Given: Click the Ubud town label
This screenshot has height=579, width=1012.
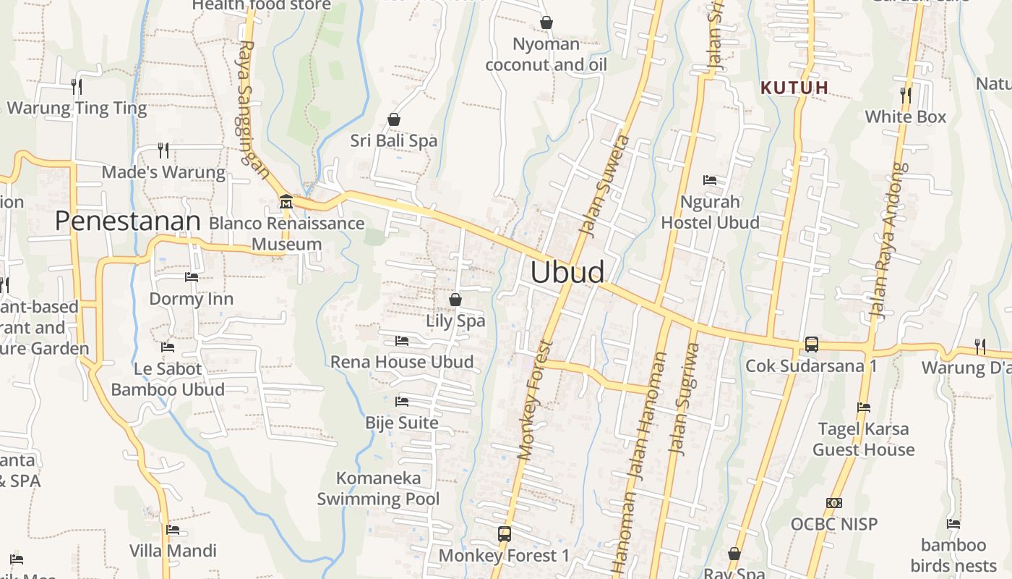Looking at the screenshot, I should click(x=567, y=272).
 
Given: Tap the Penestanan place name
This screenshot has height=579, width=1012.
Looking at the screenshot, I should click(x=127, y=221).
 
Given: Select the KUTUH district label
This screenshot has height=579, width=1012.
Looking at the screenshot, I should click(x=794, y=88).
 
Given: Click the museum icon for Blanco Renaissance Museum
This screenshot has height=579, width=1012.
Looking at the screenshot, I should click(x=286, y=200).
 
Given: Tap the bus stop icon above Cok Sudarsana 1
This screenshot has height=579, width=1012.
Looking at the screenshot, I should click(x=812, y=345).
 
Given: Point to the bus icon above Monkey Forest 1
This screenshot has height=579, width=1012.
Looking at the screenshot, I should click(x=505, y=534).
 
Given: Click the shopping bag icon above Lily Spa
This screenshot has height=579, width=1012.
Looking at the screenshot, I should click(x=455, y=299).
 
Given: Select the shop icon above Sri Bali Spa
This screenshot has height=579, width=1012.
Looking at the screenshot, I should click(x=394, y=119).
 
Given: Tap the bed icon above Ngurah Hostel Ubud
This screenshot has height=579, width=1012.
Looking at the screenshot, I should click(x=710, y=180).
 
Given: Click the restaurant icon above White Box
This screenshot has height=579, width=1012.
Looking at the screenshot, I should click(x=905, y=94).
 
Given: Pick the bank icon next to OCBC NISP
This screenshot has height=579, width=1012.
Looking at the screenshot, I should click(x=834, y=503).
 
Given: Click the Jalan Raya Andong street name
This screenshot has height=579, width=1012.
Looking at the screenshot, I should click(x=888, y=241).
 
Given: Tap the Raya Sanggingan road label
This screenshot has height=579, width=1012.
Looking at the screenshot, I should click(x=252, y=109).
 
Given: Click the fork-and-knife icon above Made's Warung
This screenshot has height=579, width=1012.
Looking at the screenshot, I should click(x=163, y=151).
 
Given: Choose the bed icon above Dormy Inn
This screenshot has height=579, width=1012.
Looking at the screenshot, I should click(x=192, y=277).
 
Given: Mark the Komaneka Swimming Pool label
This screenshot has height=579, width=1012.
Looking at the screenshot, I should click(x=378, y=489).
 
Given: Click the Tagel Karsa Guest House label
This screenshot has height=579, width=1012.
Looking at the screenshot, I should click(x=863, y=439).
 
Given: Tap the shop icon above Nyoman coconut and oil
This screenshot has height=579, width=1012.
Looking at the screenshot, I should click(x=546, y=23).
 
